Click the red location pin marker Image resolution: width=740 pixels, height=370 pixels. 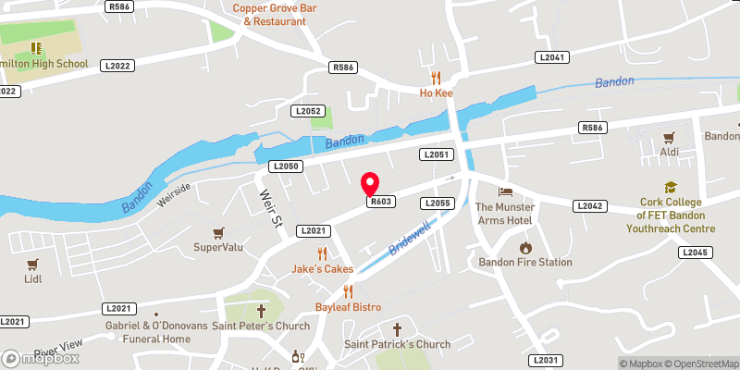370,183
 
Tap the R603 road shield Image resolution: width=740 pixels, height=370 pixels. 382,202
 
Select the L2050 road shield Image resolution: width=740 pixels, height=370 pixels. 286,166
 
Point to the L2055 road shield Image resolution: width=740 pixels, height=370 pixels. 437,203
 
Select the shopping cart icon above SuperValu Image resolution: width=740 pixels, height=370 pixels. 218,232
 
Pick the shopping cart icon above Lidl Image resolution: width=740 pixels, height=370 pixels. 33,264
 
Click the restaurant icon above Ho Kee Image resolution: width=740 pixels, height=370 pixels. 436,78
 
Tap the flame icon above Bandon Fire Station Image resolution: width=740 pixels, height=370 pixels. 525,247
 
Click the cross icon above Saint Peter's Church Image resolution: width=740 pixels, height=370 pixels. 261,310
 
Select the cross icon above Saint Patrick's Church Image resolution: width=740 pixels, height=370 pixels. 398,329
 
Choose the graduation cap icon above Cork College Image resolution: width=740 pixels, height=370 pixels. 671,186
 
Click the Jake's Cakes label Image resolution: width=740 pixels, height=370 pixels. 323,268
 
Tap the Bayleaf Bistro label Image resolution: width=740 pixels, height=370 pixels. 348,306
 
